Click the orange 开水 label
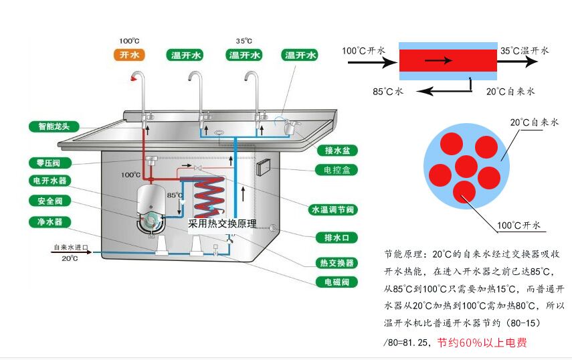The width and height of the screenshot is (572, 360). click(129, 55)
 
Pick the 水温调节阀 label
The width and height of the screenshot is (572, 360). click(332, 209)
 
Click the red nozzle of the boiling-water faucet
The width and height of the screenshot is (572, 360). click(134, 78)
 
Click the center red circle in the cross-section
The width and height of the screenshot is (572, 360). click(466, 165)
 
